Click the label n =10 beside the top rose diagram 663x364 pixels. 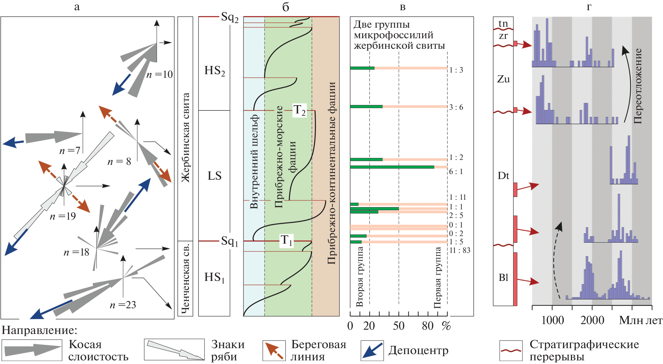click(x=160, y=75)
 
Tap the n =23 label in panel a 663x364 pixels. click(x=123, y=305)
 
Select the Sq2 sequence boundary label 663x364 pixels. click(x=229, y=17)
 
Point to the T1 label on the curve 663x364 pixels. click(x=286, y=240)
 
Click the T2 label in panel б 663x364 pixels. click(x=299, y=110)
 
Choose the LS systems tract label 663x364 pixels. click(x=214, y=176)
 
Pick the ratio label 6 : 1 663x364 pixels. click(x=456, y=171)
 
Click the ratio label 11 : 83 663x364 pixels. click(x=460, y=250)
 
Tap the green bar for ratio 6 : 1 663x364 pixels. click(x=392, y=167)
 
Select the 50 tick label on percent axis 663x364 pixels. click(x=399, y=326)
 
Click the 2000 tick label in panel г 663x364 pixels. click(x=592, y=320)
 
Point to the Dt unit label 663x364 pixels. click(x=503, y=176)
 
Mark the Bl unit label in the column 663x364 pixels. click(x=503, y=278)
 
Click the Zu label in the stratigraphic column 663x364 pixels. click(x=503, y=79)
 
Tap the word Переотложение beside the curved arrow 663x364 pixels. click(x=638, y=86)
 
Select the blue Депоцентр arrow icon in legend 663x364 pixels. click(x=372, y=350)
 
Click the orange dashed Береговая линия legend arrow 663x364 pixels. click(x=274, y=350)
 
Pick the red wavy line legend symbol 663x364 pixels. click(x=511, y=350)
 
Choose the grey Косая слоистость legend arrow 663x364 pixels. click(x=32, y=350)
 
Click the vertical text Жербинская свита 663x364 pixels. click(x=186, y=137)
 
